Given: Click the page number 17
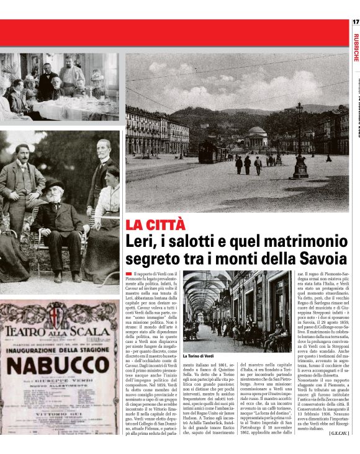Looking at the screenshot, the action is click(x=355, y=22).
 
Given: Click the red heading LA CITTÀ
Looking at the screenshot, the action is click(x=155, y=225).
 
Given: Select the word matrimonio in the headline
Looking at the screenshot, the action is click(x=295, y=241).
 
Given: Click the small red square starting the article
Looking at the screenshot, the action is click(x=128, y=274).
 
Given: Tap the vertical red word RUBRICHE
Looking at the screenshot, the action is click(x=355, y=47).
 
